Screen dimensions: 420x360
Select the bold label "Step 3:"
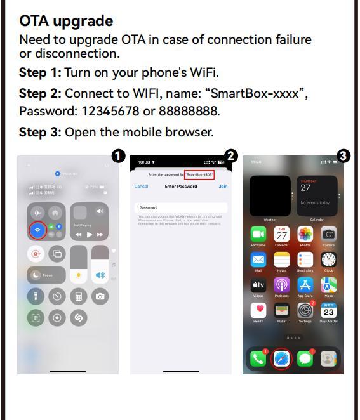pos(40,132)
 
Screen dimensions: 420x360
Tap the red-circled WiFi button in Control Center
pos(38,230)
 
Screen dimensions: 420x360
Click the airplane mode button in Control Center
pos(38,213)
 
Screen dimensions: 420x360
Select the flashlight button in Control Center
pos(36,296)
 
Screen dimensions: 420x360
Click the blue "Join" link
pos(223,187)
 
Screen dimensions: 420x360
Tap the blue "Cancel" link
pos(141,187)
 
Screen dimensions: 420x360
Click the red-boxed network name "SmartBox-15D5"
pos(199,174)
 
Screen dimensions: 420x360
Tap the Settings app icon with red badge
pos(305,311)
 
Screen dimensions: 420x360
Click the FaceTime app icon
pos(258,235)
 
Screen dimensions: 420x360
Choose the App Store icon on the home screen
pos(305,285)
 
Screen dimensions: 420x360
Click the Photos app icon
pos(305,235)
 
